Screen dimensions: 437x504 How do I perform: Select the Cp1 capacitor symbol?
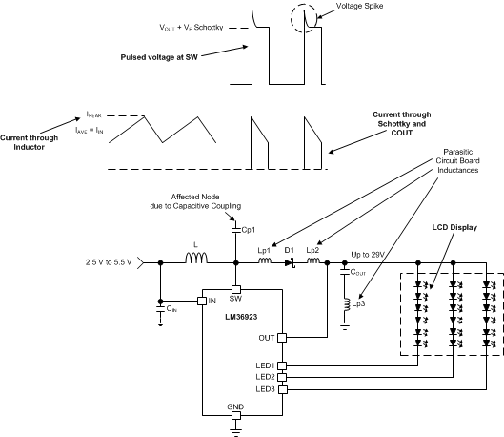pyautogui.click(x=236, y=230)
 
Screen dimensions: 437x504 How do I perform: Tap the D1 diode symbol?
pyautogui.click(x=292, y=260)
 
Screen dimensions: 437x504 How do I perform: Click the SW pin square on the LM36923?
pyautogui.click(x=236, y=289)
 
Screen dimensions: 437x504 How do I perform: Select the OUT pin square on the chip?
pyautogui.click(x=282, y=337)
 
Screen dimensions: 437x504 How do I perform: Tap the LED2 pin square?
pyautogui.click(x=282, y=376)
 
